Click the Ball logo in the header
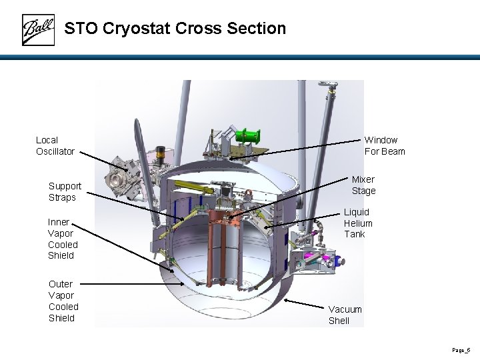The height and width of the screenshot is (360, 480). click(x=38, y=30)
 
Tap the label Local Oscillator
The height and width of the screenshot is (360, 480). click(x=55, y=146)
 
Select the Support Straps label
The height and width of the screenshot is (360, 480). click(x=65, y=191)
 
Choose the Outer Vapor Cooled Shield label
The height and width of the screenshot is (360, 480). click(x=63, y=301)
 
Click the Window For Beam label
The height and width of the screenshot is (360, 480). click(x=385, y=145)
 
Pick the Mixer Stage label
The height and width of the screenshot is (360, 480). click(x=363, y=185)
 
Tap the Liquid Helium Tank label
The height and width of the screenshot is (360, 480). click(x=358, y=223)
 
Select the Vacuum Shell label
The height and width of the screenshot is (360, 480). click(x=345, y=315)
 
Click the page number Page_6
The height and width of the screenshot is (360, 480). click(x=461, y=350)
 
